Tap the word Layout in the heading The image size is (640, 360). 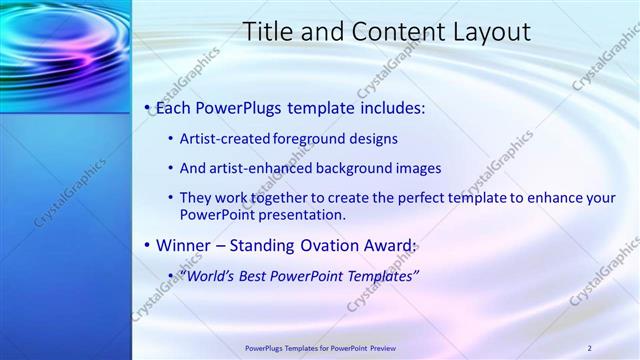pyautogui.click(x=482, y=32)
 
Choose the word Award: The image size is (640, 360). pyautogui.click(x=393, y=245)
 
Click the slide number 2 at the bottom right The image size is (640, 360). pyautogui.click(x=590, y=348)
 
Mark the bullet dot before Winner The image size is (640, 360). pyautogui.click(x=148, y=246)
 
